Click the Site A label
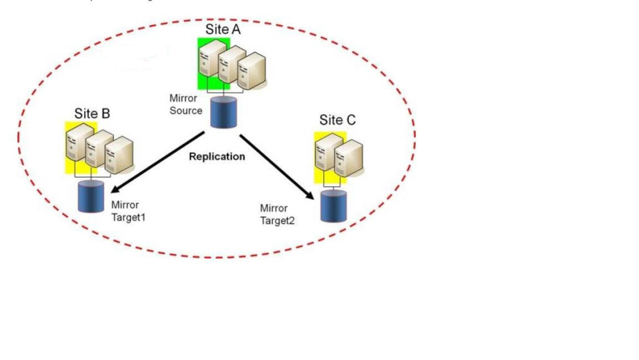pyautogui.click(x=223, y=29)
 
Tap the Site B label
pyautogui.click(x=92, y=114)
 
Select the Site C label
pyautogui.click(x=337, y=120)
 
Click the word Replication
pyautogui.click(x=217, y=156)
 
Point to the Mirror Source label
pyautogui.click(x=185, y=105)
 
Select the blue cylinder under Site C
pyautogui.click(x=334, y=205)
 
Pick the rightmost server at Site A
pyautogui.click(x=252, y=72)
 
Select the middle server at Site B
pyautogui.click(x=99, y=148)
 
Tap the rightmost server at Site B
pyautogui.click(x=120, y=157)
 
